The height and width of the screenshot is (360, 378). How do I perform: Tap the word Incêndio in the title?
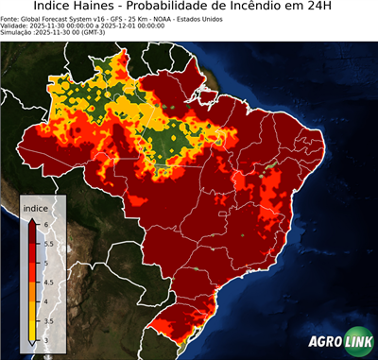click(x=274, y=8)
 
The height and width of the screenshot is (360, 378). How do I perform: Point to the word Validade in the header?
click(x=16, y=25)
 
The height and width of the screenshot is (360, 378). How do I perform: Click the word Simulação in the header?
click(x=18, y=32)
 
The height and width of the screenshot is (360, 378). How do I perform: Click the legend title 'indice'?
click(x=35, y=207)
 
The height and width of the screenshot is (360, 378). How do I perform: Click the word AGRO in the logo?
click(x=324, y=341)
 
